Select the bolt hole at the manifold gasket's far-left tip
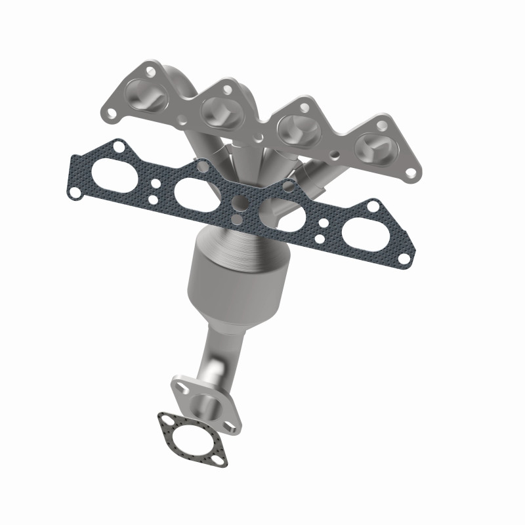coord(75,193)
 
